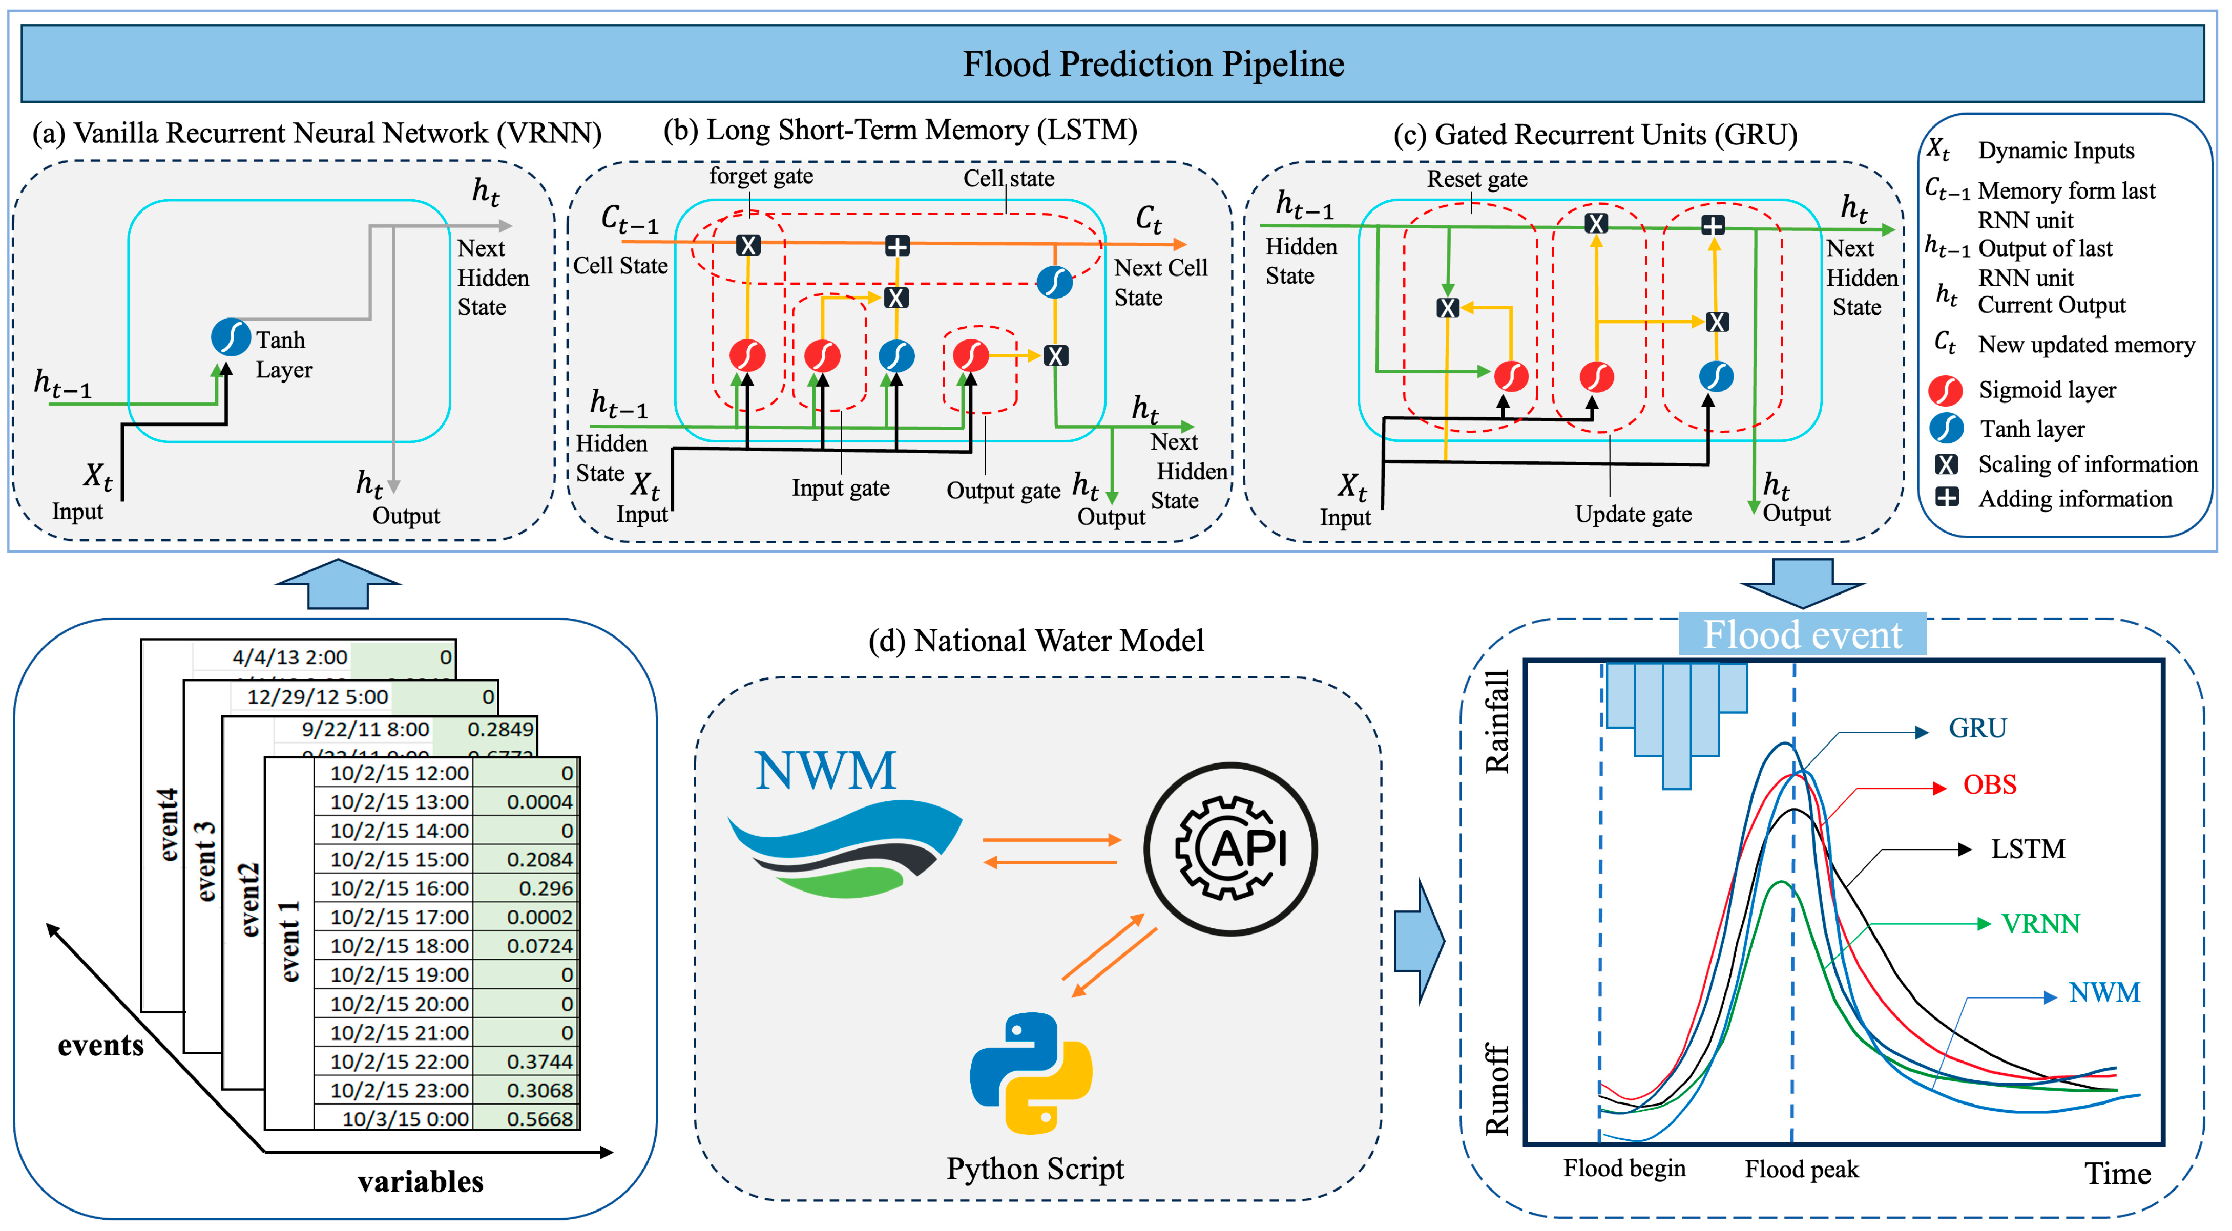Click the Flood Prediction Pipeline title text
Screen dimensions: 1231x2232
pos(1153,64)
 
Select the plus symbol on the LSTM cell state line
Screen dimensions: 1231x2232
pos(897,246)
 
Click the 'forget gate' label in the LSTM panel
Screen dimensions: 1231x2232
pos(761,177)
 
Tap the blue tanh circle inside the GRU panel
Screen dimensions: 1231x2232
pos(1716,376)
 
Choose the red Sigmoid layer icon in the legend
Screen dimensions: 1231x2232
pos(1945,391)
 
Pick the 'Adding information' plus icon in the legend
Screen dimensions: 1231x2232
pos(1947,498)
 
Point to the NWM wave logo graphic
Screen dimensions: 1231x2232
pos(845,849)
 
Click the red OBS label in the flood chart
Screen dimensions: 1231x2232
pos(1989,785)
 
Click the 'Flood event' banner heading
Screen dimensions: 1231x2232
pos(1802,635)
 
